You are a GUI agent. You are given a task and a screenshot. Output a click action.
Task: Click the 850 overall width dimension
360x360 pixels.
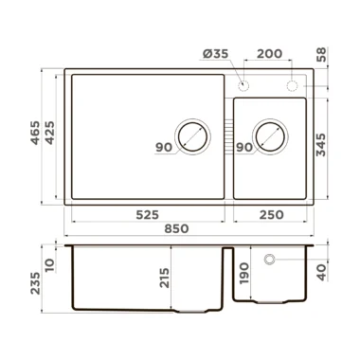(176, 228)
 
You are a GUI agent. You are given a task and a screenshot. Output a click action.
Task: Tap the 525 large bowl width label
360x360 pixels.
(148, 215)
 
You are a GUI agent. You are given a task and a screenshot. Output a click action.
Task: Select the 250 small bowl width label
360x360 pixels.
(272, 215)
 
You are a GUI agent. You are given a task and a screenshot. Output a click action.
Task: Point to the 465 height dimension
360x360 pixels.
(35, 133)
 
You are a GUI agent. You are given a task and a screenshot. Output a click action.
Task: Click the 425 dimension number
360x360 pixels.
(49, 133)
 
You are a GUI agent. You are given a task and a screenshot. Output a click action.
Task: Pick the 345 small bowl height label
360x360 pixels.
(321, 145)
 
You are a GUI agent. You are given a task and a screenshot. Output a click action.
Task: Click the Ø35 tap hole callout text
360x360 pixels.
(215, 54)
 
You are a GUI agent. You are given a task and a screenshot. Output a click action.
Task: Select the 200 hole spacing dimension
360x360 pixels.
(269, 54)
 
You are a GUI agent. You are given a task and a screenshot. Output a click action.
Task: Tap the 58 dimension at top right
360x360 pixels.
(321, 55)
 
